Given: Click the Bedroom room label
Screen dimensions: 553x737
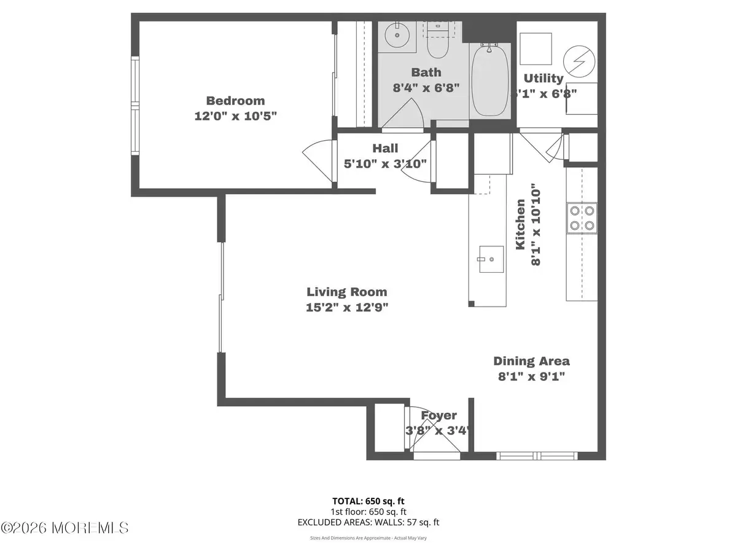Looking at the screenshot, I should [235, 101].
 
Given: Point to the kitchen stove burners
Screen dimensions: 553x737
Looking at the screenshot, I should [581, 218].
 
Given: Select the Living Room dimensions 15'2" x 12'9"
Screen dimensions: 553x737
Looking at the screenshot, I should [347, 308].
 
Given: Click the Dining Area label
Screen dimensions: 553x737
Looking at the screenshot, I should [531, 361].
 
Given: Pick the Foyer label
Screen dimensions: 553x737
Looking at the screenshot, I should [439, 416].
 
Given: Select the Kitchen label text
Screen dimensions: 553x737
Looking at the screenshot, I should [520, 224].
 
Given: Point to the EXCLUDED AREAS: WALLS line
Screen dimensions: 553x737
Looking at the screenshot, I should [368, 522].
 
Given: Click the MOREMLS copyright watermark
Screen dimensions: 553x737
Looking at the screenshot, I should [64, 528].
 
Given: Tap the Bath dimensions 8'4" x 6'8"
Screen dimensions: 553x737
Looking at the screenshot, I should [426, 88].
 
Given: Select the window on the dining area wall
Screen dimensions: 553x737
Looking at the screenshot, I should [537, 456].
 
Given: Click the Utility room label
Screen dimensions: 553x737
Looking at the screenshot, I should [543, 78].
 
